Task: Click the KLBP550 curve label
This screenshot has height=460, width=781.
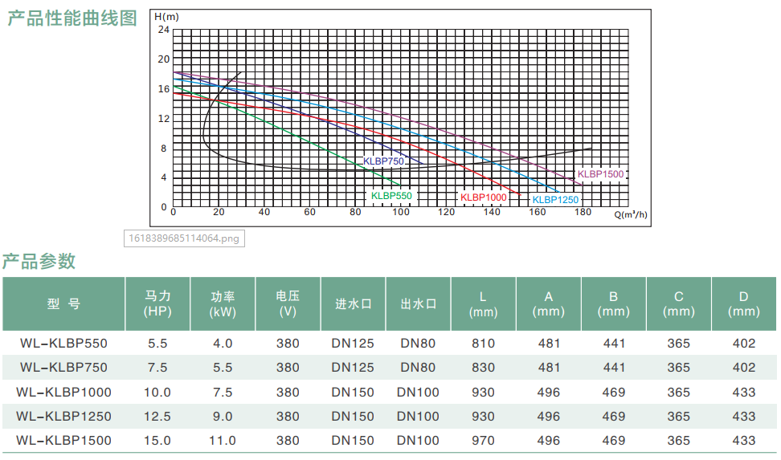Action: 391,196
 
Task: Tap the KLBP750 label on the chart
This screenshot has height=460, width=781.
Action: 383,161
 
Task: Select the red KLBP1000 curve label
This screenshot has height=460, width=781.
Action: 483,197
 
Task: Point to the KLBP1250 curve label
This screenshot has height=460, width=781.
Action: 555,200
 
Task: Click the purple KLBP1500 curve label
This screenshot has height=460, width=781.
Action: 600,174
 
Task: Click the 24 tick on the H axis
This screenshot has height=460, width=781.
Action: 164,30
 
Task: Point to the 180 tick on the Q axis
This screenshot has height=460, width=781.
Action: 583,213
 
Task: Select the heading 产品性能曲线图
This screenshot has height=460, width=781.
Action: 72,18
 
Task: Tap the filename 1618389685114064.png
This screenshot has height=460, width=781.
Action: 184,238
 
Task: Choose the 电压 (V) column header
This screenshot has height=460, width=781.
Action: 288,303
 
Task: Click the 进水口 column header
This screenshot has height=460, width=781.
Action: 353,304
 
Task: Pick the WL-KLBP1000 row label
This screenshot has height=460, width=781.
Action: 63,393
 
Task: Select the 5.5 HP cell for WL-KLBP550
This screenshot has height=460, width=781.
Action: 158,344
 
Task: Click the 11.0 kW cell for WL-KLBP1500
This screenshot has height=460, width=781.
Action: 223,441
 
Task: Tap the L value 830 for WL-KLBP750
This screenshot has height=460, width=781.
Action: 483,368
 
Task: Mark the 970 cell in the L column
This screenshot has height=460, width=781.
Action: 483,441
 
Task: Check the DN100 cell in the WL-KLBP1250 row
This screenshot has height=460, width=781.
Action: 418,417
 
